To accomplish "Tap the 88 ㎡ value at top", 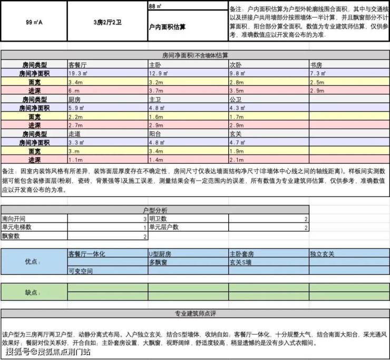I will point(155,6).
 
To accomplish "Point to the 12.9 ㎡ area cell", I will point(159,74).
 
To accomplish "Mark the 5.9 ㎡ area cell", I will point(77,108).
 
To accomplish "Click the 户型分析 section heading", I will point(154,210).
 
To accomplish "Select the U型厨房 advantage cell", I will point(160,254).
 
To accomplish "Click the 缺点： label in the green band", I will point(33,292).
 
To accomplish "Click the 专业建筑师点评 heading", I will point(194,314).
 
